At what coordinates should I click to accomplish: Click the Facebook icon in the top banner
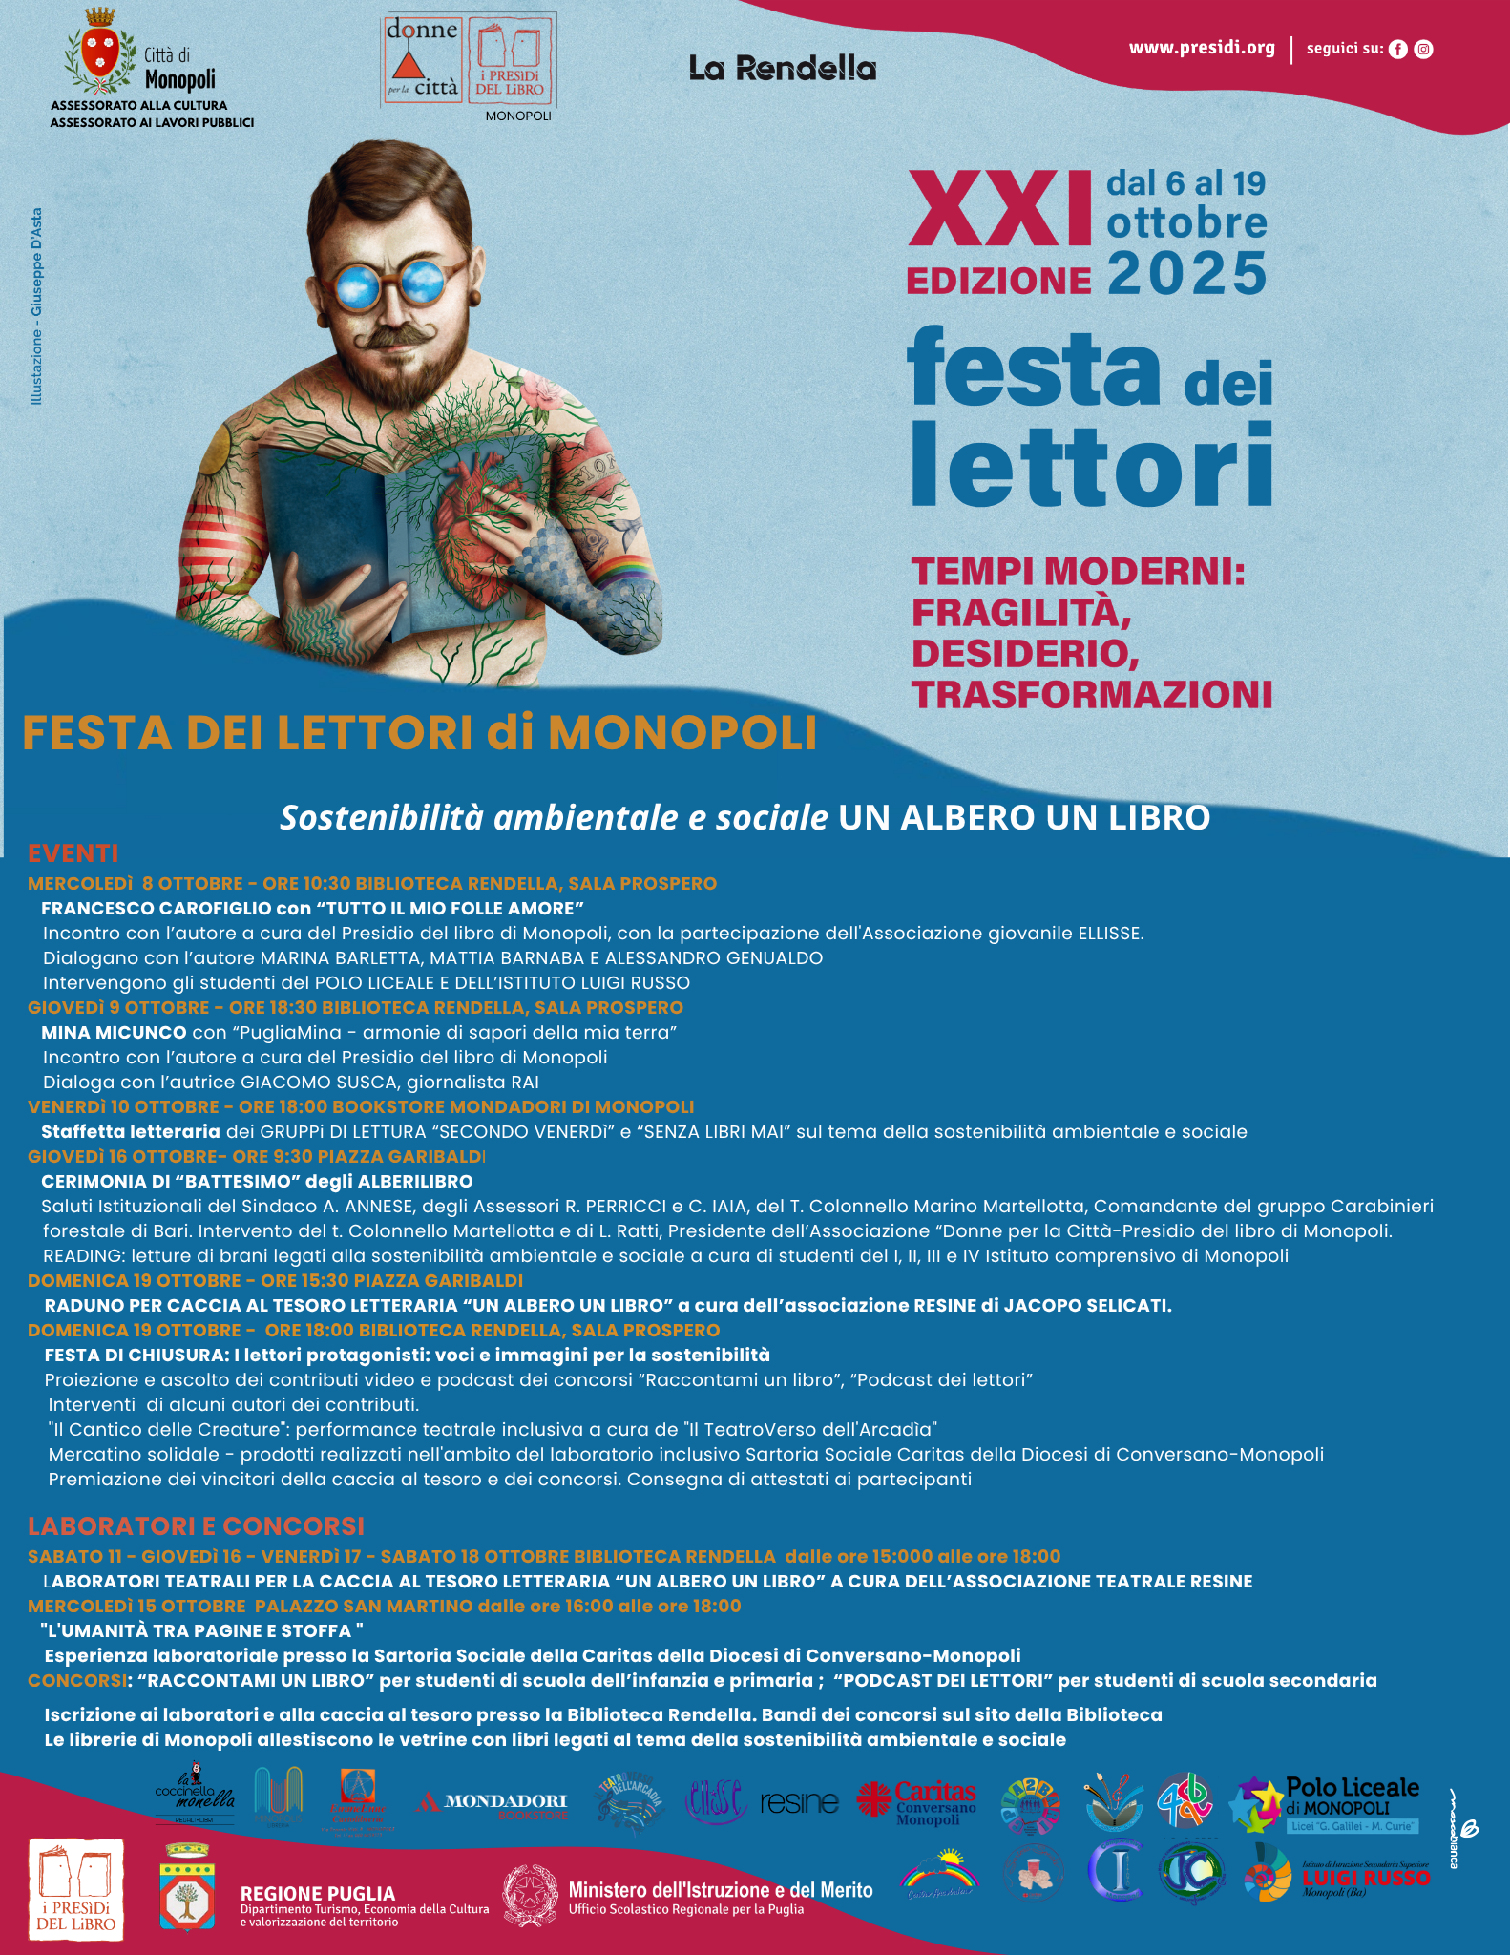[1397, 50]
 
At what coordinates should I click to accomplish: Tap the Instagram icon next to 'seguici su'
[1423, 50]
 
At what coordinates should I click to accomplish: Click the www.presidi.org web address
[1202, 48]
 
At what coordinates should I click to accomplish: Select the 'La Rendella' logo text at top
[782, 69]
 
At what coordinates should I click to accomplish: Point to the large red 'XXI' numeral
[999, 209]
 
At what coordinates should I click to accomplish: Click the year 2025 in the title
[1186, 275]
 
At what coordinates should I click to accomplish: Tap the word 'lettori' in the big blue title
[1092, 465]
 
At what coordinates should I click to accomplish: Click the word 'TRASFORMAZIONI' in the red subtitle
[1092, 695]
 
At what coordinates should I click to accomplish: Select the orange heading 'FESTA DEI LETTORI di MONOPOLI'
[419, 733]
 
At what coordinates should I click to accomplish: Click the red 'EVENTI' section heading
[73, 853]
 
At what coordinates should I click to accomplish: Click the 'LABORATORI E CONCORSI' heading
[196, 1525]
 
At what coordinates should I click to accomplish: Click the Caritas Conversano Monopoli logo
[918, 1802]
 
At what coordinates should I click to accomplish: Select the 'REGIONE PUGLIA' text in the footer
[318, 1894]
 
